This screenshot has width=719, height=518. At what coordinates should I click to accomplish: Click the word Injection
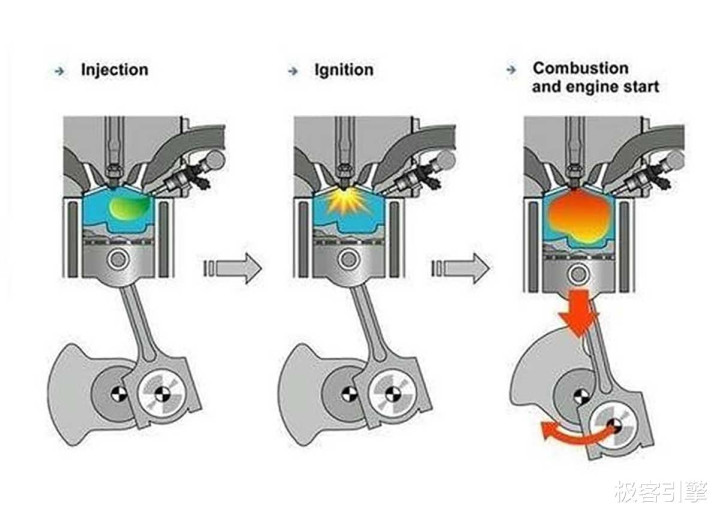point(115,70)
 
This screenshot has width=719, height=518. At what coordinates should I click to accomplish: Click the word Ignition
point(344,70)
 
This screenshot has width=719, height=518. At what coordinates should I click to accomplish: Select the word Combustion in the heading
point(581,68)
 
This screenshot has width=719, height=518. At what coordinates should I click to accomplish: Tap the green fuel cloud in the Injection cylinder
point(129,206)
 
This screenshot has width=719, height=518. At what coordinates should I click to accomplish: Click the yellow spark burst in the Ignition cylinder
point(348,201)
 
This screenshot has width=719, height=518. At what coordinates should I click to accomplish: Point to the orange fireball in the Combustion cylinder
point(580,215)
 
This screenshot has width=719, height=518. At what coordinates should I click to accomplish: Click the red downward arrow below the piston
point(580,313)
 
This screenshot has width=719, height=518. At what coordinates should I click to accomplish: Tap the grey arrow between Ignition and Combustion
point(460,268)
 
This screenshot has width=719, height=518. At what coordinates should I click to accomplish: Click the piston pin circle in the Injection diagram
point(118,259)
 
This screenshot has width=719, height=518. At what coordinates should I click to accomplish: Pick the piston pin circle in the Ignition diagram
point(348,259)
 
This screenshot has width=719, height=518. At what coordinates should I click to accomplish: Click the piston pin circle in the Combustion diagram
point(578,275)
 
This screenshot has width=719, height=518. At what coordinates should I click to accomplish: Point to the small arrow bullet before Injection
point(59,71)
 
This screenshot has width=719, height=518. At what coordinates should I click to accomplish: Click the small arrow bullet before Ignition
point(293,71)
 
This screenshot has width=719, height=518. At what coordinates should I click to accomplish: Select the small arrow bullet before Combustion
point(511,70)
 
